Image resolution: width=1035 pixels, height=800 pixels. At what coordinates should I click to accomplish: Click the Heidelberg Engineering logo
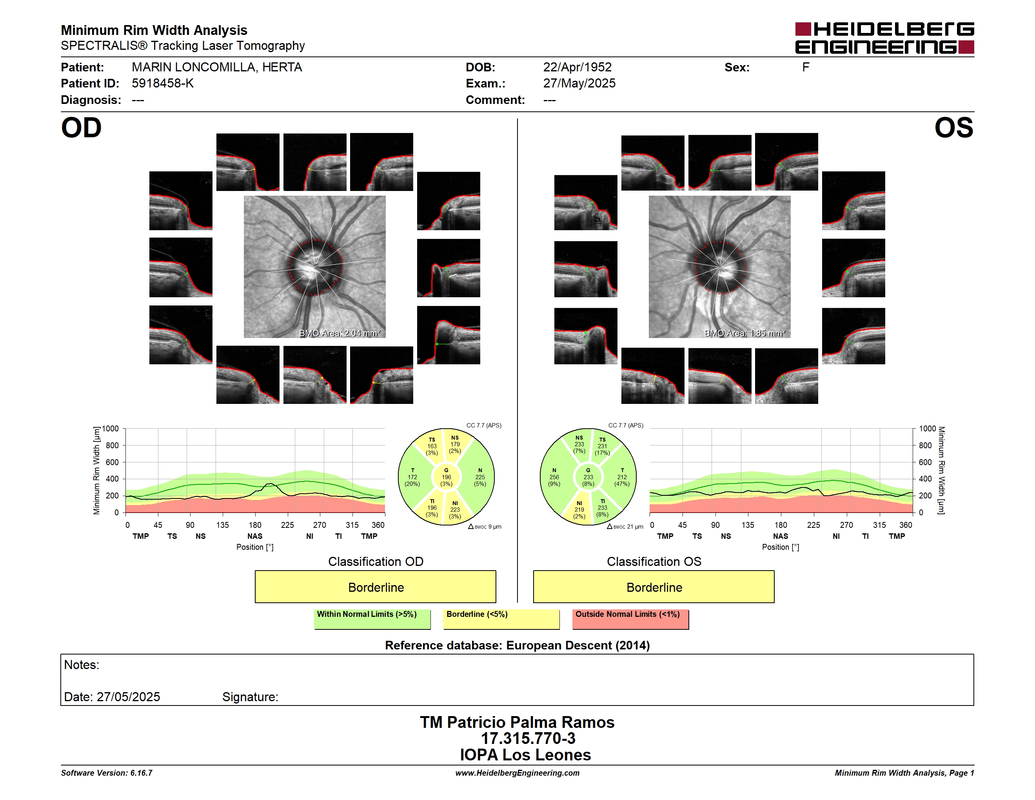pos(884,38)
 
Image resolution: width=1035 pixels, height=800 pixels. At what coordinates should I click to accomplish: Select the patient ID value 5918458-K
pos(163,84)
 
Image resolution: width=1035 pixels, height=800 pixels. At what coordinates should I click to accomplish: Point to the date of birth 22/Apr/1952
pos(577,67)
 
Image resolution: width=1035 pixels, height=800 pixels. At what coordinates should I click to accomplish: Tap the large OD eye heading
pos(81,128)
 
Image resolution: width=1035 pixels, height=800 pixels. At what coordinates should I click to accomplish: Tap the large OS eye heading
pos(953,128)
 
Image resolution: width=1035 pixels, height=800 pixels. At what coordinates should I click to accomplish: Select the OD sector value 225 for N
pos(480,477)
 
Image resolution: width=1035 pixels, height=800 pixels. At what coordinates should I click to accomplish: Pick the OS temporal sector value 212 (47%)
pos(622,480)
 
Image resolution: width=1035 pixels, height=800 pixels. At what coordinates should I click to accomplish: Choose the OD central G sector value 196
pos(447,477)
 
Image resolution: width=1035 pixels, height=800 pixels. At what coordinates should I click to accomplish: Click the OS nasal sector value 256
pos(554,477)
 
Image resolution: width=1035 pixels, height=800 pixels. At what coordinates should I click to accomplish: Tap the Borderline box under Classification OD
pos(375,587)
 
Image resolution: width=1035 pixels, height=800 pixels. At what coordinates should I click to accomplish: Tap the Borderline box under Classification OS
pos(654,587)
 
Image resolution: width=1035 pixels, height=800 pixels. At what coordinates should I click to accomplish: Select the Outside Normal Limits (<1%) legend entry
pos(630,619)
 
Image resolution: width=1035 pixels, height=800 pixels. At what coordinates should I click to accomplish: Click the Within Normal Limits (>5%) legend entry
pos(372,619)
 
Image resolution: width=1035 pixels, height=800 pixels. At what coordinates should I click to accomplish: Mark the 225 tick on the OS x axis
pos(813,525)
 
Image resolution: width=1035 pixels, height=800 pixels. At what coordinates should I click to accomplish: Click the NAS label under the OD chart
pos(255,536)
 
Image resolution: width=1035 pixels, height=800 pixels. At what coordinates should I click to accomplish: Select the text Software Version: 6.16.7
pos(107,773)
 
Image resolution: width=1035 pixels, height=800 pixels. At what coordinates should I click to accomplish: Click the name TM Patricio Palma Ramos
pos(517,722)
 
